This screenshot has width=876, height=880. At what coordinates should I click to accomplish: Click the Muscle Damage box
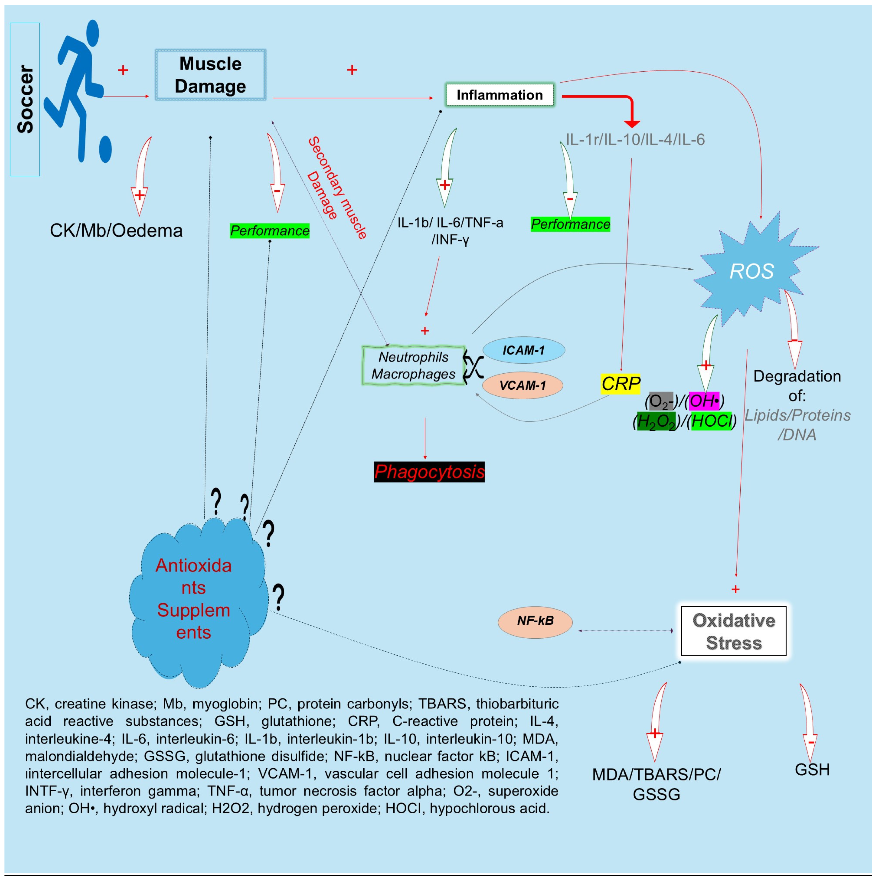click(210, 75)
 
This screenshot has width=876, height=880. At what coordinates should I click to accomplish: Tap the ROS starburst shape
click(752, 271)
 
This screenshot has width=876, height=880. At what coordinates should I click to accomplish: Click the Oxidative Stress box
click(734, 631)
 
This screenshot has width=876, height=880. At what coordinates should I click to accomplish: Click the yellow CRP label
click(620, 384)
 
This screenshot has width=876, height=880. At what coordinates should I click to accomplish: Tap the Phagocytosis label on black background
click(429, 472)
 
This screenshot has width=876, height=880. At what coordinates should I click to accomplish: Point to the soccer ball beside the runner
click(105, 149)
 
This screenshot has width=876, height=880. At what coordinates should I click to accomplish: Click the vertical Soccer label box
click(25, 99)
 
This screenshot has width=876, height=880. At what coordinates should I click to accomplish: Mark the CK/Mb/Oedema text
click(116, 230)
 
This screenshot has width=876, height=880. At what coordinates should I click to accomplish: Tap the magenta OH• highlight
click(704, 401)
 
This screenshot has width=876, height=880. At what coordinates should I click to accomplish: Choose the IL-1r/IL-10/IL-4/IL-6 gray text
click(635, 139)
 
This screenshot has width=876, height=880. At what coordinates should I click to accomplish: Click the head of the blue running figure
click(92, 33)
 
